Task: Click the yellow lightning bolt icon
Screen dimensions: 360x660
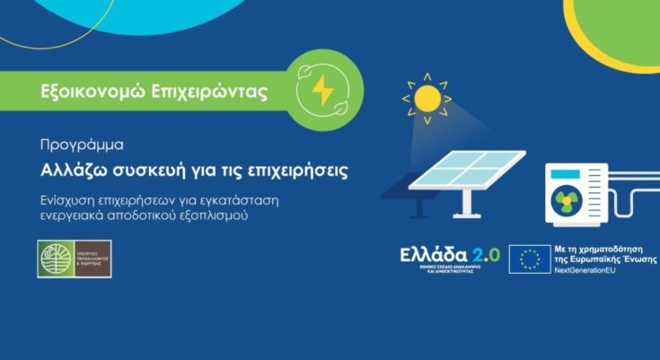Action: (x=321, y=90)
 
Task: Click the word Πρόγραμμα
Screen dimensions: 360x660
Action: (x=82, y=144)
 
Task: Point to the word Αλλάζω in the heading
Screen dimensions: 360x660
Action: (x=75, y=169)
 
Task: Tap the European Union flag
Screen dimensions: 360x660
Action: (x=530, y=259)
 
